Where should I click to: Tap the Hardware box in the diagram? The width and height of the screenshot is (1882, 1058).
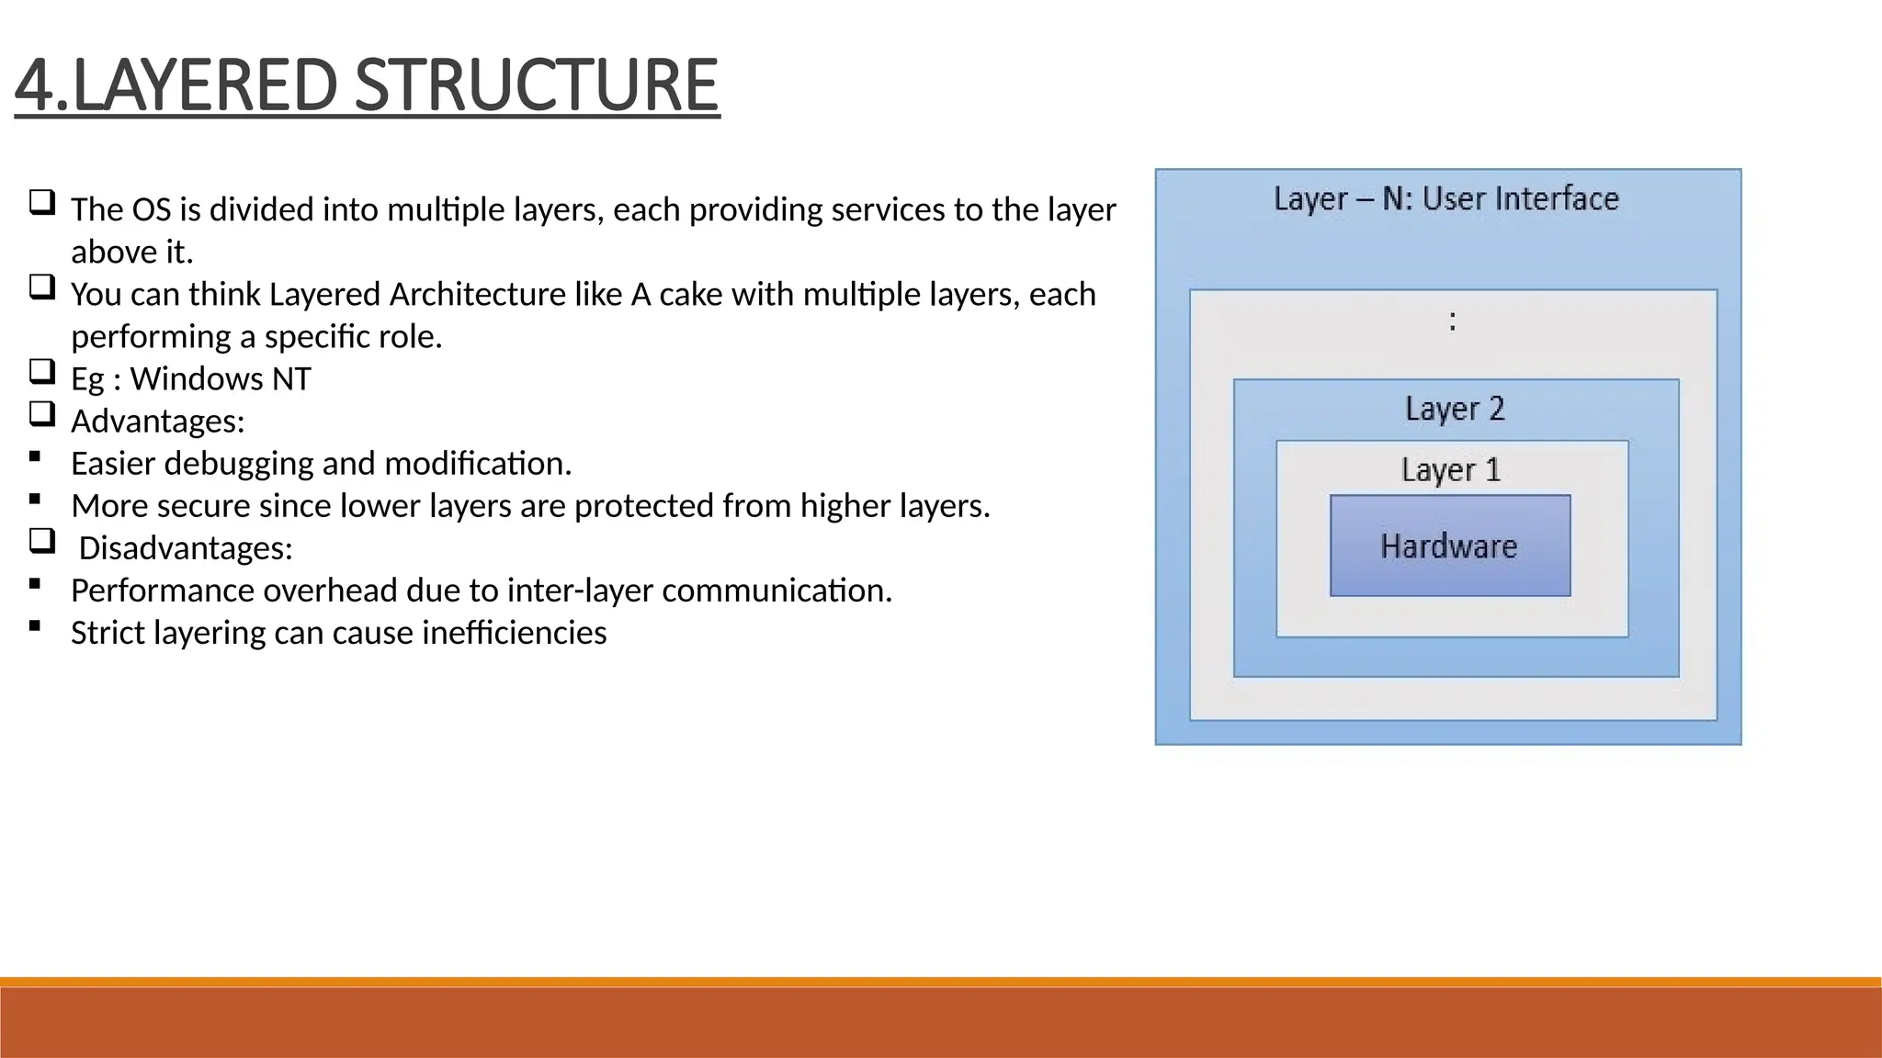1449,546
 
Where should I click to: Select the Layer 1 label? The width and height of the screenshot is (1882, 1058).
1450,470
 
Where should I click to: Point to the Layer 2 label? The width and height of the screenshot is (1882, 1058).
1455,409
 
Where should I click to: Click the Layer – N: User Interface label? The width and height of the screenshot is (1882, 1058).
1446,199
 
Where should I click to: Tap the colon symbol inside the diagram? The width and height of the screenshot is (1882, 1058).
1452,321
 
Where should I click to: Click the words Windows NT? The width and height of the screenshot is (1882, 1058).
221,379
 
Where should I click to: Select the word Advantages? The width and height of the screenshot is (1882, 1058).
158,422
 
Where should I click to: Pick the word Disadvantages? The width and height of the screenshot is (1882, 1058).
186,548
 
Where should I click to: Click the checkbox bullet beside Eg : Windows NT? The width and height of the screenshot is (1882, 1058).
41,372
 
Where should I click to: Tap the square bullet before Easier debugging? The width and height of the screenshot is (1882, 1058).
35,456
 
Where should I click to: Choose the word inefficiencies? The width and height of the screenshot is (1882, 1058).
515,633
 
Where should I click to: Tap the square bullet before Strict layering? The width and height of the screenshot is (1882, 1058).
35,625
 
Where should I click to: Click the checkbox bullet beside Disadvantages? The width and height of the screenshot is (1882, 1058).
41,541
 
